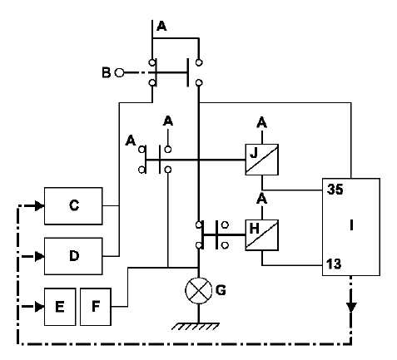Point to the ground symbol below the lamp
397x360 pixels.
pos(196,326)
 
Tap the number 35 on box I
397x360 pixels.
pos(335,190)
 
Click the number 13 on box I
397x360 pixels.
pos(334,264)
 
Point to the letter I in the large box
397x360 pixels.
pos(351,225)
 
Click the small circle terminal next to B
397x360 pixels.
pos(119,73)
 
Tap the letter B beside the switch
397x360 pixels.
pos(107,72)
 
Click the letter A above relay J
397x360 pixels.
pos(262,122)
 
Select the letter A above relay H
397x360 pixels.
pos(262,199)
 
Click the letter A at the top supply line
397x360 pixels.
pos(161,26)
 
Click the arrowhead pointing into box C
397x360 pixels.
pos(40,206)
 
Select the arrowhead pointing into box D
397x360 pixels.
pos(40,256)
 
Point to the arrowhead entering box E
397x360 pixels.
pos(40,307)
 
